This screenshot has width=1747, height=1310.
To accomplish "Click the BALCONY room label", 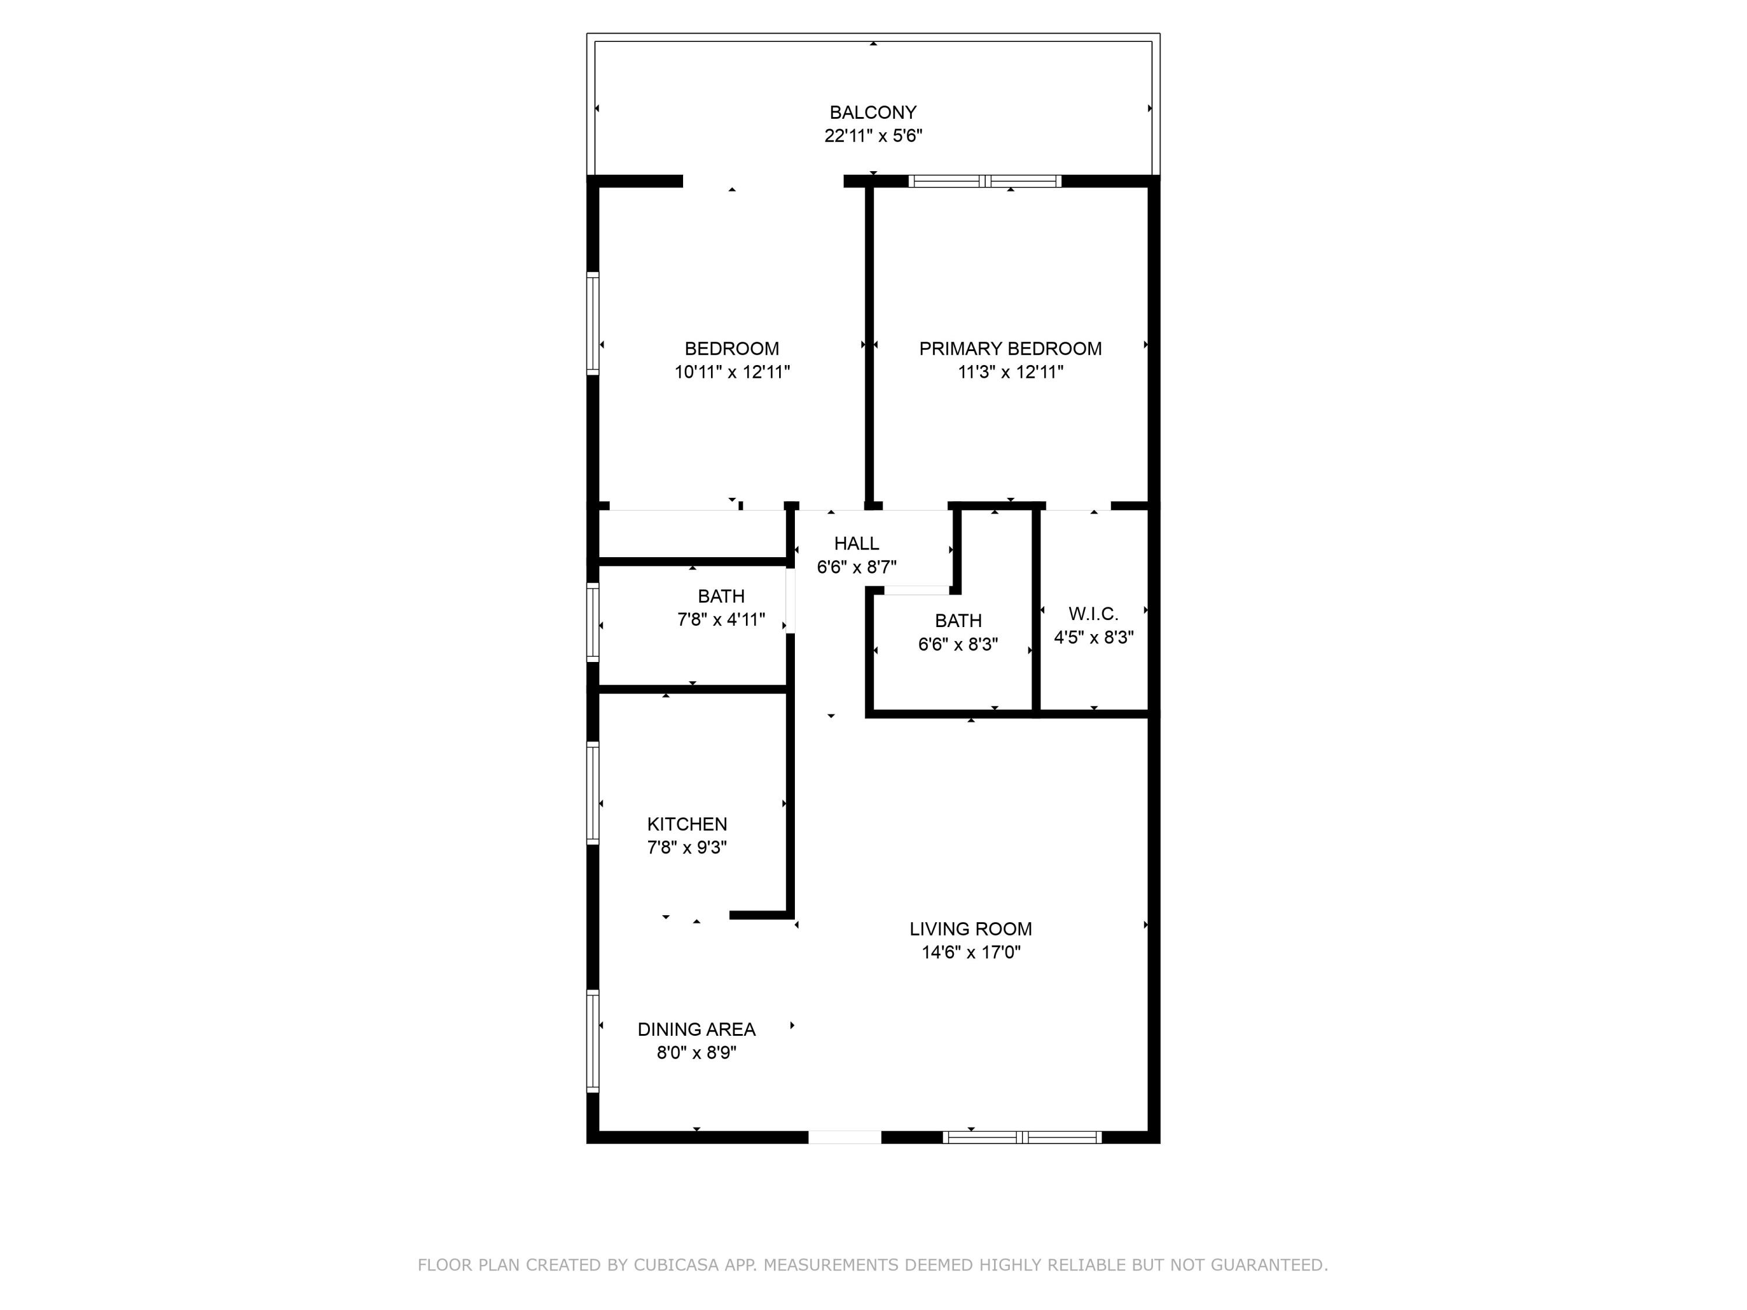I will [873, 113].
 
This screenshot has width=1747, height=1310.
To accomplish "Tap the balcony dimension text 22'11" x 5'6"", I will [873, 136].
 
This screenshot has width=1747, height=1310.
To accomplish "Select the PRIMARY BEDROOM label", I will [1010, 349].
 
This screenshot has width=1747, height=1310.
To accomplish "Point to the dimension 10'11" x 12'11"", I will [732, 372].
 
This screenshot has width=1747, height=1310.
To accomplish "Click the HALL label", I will [856, 543].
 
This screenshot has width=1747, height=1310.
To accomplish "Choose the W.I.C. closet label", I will [1093, 614].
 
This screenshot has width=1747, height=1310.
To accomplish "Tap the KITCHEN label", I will [687, 824].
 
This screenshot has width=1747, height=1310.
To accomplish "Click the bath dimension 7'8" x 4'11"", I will [721, 620].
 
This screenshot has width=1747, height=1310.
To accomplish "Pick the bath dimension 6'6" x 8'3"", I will [958, 645].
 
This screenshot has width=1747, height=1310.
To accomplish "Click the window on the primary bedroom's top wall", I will [985, 182].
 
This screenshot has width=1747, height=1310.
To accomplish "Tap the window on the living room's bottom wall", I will [1022, 1138].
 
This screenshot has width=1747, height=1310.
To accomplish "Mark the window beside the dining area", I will [592, 1041].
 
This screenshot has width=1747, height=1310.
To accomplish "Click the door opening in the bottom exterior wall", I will [844, 1138].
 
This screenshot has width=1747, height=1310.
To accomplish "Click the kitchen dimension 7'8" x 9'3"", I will [687, 847].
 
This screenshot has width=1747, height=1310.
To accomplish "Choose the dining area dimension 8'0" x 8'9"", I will [696, 1053].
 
